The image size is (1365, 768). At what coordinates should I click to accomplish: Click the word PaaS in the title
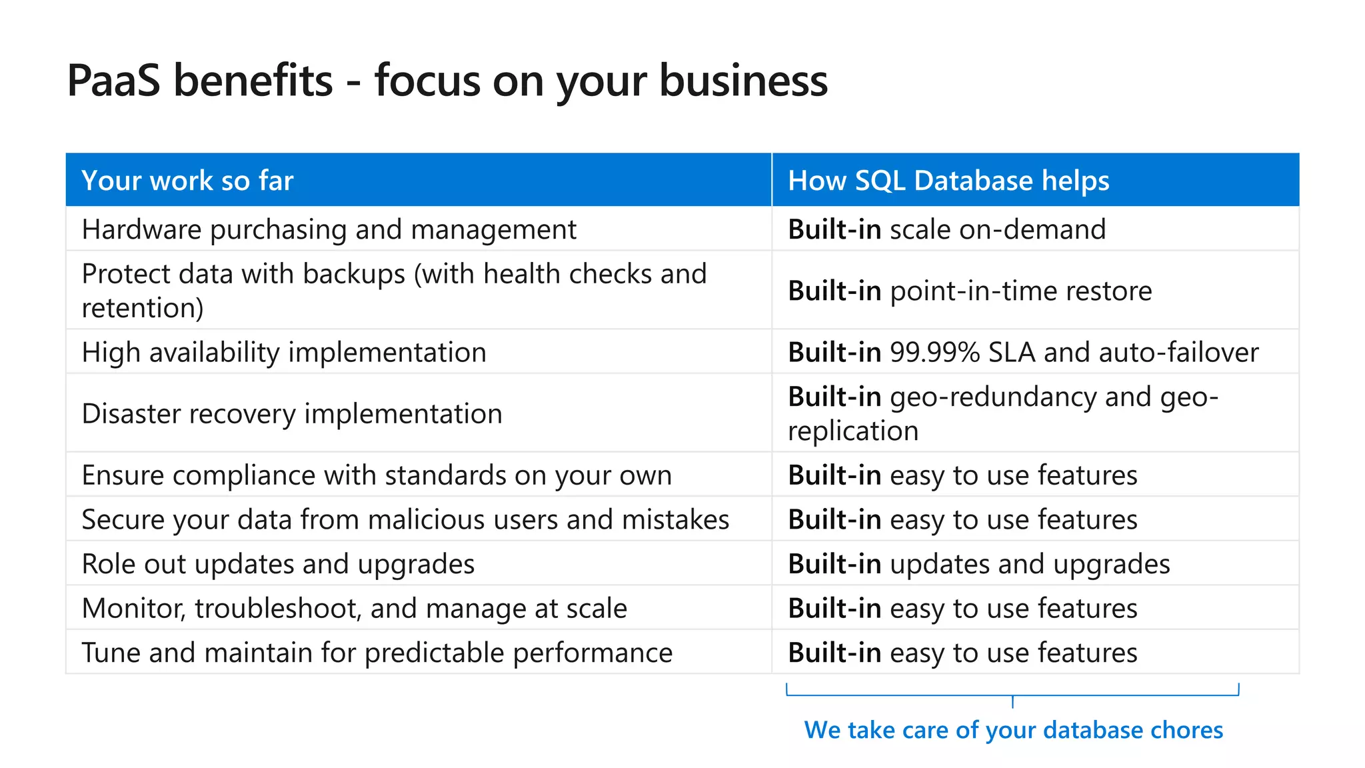[113, 81]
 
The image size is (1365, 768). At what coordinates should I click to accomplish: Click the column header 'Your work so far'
[187, 181]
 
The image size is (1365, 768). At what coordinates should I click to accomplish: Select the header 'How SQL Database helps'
[948, 181]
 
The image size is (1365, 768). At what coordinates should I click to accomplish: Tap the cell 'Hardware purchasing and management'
[329, 229]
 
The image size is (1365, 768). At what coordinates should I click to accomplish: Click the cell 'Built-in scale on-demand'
[946, 229]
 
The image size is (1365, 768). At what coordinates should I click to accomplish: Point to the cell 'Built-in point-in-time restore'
[969, 291]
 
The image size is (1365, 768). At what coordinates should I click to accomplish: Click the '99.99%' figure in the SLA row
[934, 352]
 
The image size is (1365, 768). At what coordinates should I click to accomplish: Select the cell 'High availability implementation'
[284, 352]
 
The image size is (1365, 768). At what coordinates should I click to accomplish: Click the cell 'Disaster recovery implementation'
[292, 413]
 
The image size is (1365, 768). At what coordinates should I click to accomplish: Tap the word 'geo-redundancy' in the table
[993, 397]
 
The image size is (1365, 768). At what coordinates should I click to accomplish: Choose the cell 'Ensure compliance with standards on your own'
[377, 475]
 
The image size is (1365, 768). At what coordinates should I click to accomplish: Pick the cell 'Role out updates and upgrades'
[278, 564]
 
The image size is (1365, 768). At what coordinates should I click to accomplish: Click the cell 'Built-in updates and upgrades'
[978, 564]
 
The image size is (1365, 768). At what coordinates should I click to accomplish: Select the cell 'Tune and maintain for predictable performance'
[377, 653]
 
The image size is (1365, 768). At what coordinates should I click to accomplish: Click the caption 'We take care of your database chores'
[1013, 730]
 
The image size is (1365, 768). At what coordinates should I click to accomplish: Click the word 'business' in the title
[743, 81]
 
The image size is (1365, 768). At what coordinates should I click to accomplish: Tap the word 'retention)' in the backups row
[143, 308]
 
